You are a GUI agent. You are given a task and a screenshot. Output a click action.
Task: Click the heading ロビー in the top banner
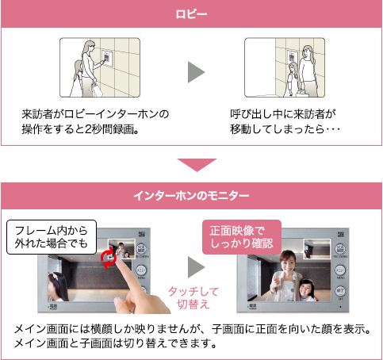(191, 14)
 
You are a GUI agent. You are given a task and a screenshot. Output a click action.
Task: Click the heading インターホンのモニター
(191, 196)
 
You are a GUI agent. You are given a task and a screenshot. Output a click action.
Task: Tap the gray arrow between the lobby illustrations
(196, 72)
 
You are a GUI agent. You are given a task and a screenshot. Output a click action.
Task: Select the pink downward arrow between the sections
(197, 165)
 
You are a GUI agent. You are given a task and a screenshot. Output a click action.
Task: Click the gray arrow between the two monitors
(196, 267)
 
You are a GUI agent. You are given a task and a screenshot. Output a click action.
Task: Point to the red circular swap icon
(109, 259)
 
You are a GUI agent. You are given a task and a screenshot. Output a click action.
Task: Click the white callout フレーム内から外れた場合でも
(52, 237)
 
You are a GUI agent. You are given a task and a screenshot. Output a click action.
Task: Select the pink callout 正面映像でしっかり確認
(242, 237)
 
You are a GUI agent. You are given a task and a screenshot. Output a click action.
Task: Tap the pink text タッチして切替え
(193, 297)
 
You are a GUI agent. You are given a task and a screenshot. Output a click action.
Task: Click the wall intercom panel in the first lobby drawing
(107, 57)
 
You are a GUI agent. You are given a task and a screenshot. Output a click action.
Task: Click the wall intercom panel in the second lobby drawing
(292, 57)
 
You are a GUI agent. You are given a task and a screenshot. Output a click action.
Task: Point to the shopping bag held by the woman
(96, 89)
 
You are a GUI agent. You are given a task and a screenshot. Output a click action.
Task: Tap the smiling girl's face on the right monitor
(306, 288)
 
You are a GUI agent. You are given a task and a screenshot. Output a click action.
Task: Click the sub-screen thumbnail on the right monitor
(317, 249)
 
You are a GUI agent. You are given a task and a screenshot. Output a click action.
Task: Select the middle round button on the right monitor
(340, 270)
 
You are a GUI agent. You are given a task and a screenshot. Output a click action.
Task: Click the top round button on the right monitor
(340, 249)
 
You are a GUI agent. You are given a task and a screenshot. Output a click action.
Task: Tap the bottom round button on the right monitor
(340, 291)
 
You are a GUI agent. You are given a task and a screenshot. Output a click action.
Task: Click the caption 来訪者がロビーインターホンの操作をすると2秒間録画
(95, 121)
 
